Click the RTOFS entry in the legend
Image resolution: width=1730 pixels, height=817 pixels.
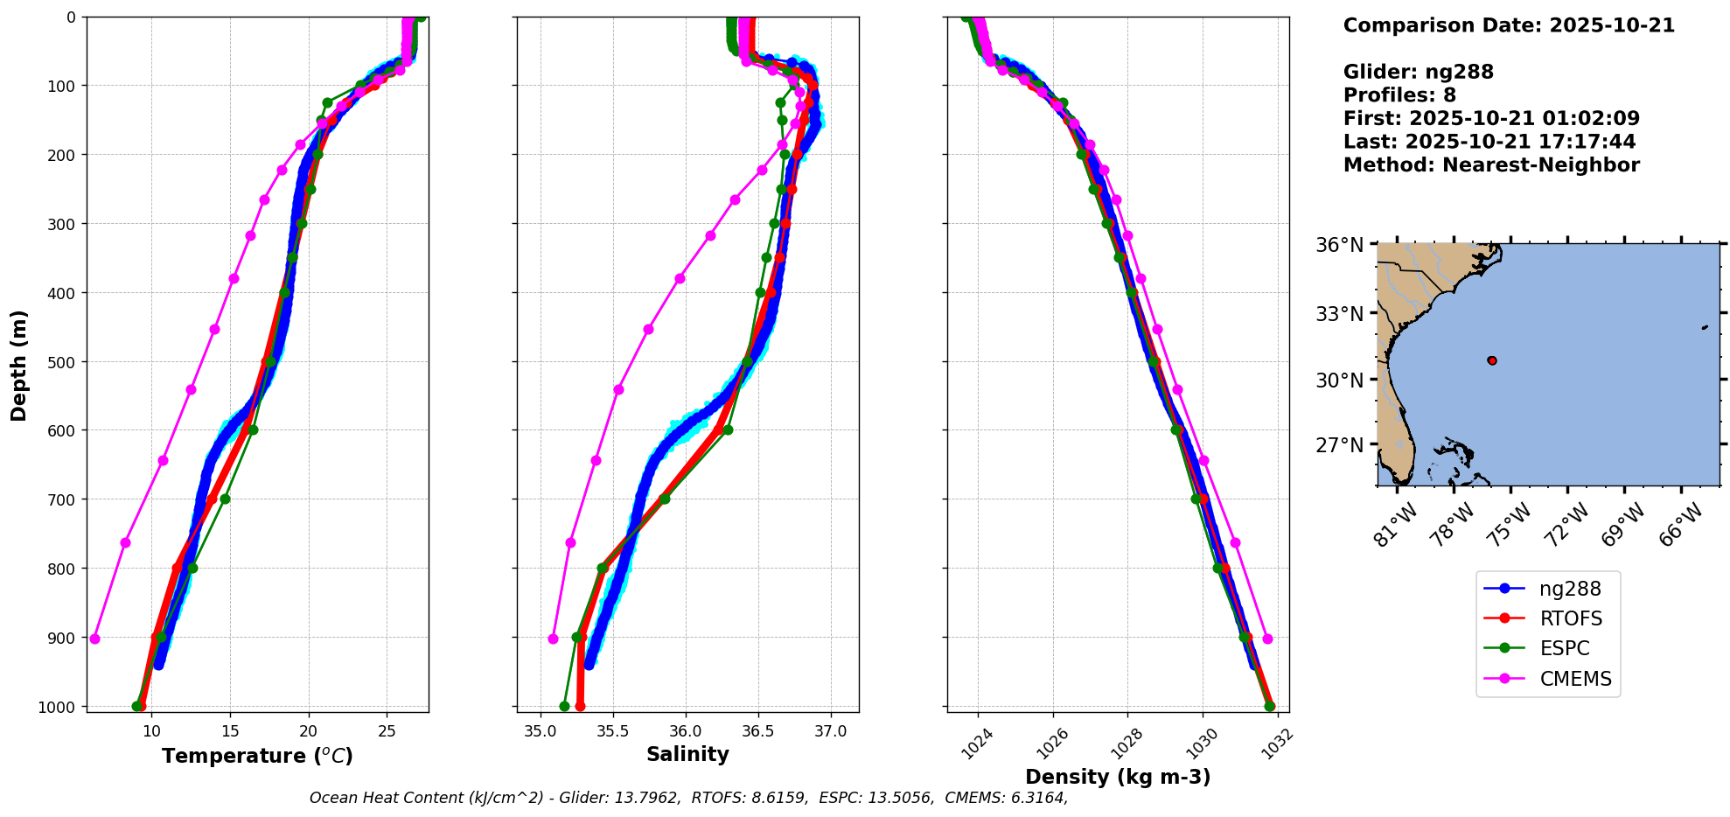[x=1570, y=618]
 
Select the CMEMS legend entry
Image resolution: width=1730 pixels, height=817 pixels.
[x=1574, y=679]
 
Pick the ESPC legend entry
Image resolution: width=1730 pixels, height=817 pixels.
[x=1564, y=648]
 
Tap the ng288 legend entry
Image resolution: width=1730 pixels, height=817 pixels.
[x=1570, y=589]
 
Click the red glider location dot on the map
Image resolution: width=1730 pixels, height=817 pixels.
[x=1491, y=360]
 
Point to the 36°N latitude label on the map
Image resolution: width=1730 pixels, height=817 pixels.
[x=1339, y=245]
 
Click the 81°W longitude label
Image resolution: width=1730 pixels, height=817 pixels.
[x=1392, y=526]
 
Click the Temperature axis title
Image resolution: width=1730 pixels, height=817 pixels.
[x=257, y=756]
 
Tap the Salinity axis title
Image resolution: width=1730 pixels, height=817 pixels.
[x=687, y=754]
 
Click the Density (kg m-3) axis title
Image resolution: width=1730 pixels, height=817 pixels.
[x=1118, y=777]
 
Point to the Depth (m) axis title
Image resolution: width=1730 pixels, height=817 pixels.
[x=19, y=365]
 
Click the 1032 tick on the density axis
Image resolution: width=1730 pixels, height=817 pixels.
[x=1277, y=739]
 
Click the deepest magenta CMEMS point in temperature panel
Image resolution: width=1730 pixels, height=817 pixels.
[x=94, y=639]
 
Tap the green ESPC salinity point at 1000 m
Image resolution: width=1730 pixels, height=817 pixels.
[x=564, y=706]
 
